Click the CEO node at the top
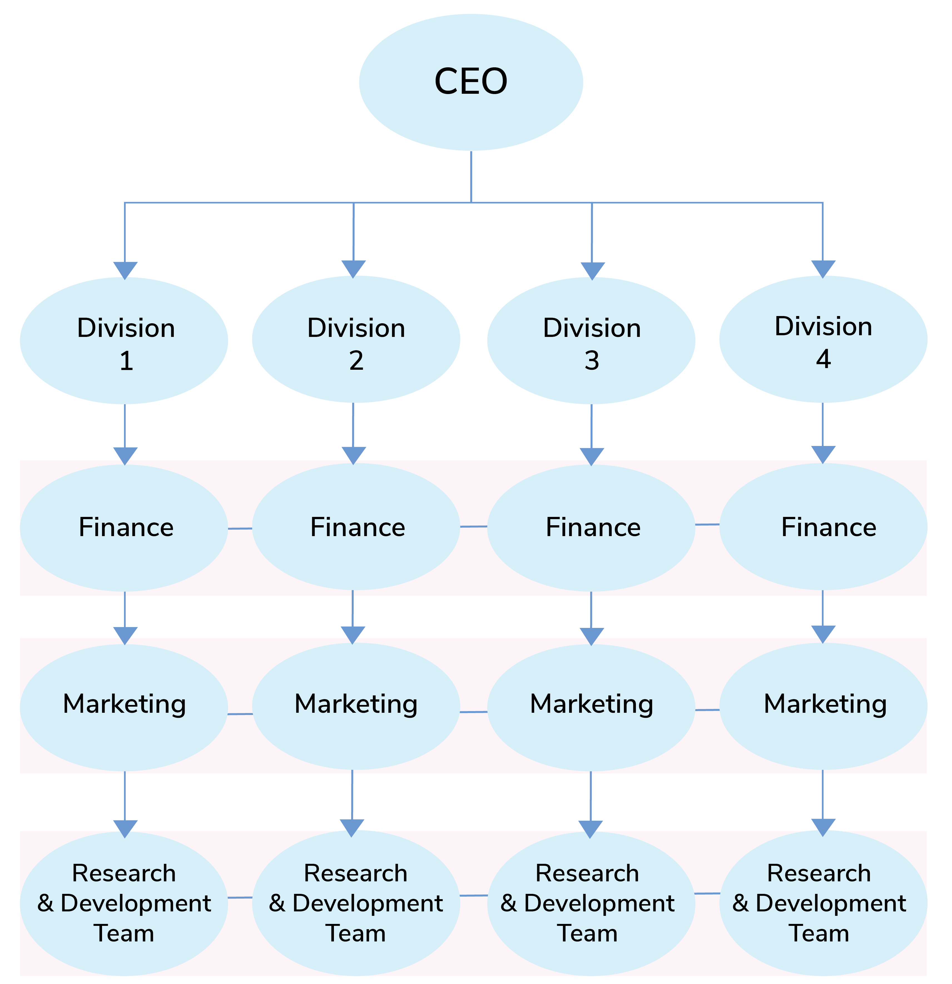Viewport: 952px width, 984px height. tap(471, 82)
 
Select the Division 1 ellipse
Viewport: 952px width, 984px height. tap(124, 341)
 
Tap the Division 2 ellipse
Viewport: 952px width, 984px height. tap(356, 339)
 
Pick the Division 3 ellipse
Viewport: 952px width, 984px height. tap(591, 341)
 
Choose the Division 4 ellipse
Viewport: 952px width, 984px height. tap(823, 339)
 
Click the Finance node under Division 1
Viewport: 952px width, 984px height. tap(124, 528)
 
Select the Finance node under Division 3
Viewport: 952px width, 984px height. tap(591, 528)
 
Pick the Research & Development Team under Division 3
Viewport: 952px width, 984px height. tap(591, 903)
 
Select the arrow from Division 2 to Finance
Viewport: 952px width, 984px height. tap(353, 433)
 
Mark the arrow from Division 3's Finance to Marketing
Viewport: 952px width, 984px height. tap(591, 618)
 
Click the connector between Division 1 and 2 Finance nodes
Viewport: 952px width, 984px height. tap(240, 528)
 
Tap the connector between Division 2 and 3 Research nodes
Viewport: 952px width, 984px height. tap(474, 895)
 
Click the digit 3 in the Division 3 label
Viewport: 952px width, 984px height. tap(592, 361)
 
